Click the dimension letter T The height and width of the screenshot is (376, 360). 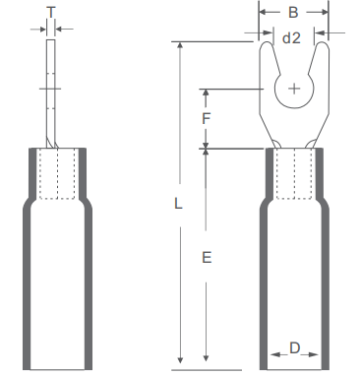(51, 13)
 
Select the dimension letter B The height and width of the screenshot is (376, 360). (293, 13)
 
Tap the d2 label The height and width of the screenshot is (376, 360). (291, 38)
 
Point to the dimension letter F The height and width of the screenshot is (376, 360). (206, 118)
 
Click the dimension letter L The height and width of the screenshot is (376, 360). (178, 204)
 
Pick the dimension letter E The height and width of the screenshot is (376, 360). (207, 258)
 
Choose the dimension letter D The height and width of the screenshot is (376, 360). (295, 348)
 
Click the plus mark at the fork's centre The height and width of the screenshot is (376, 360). (294, 89)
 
